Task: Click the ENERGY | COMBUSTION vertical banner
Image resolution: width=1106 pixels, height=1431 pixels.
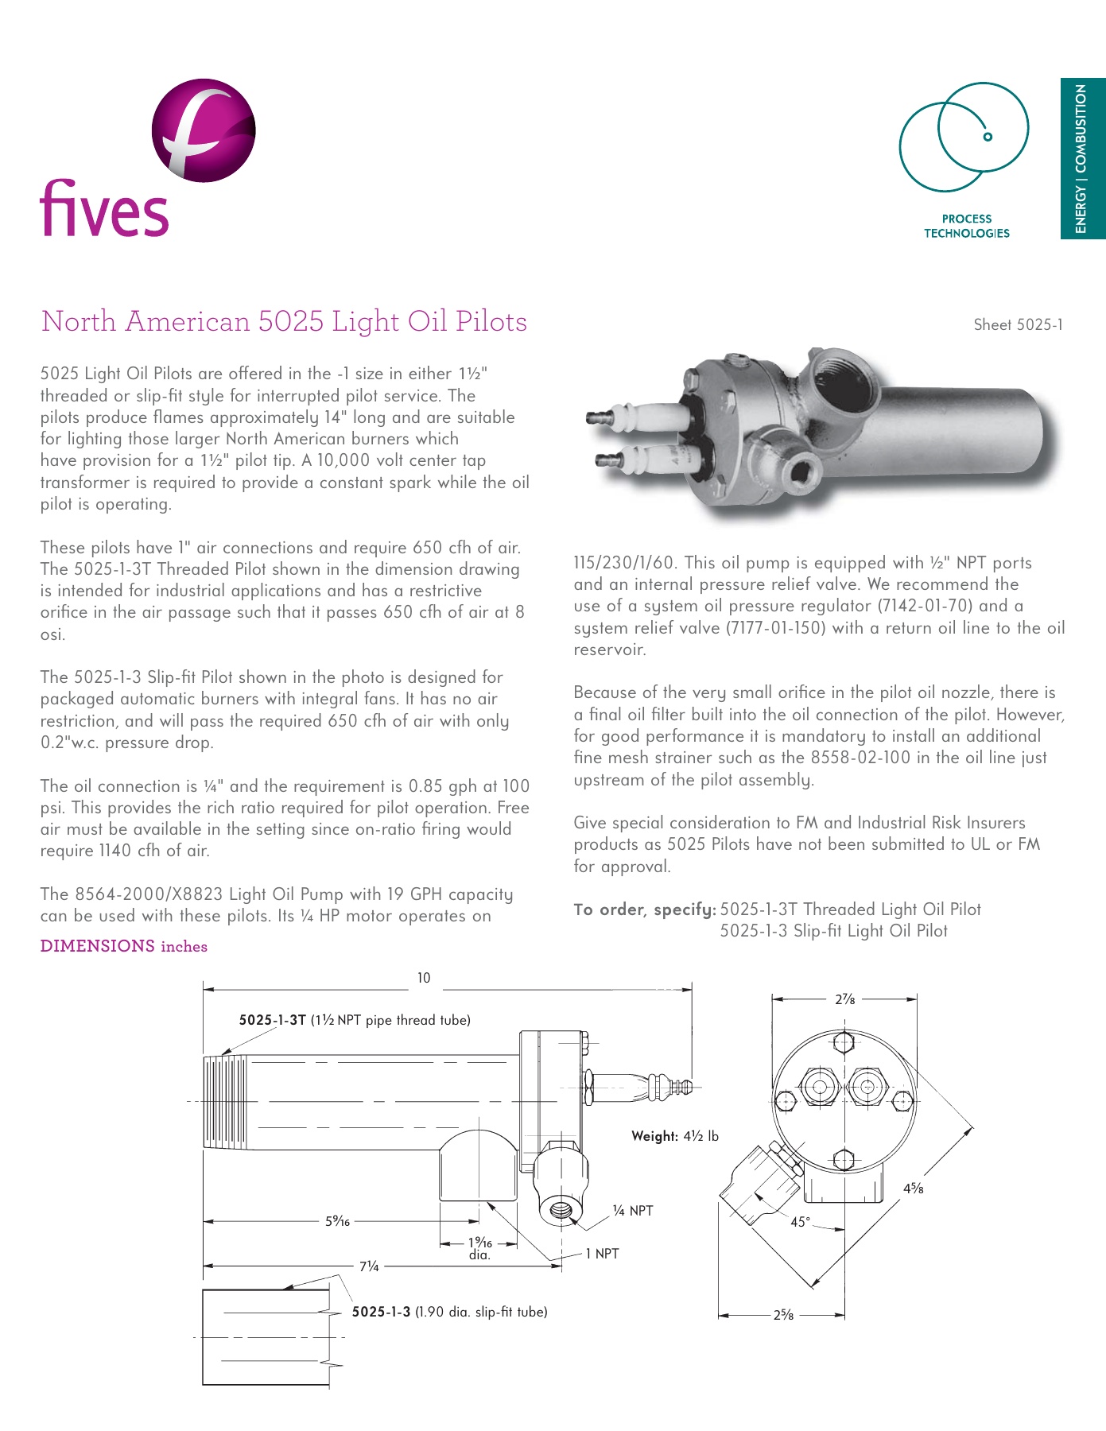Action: click(1082, 158)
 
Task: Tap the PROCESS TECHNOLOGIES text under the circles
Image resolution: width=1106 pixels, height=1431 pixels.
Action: click(966, 226)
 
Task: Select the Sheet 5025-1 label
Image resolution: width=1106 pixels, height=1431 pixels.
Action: click(1018, 324)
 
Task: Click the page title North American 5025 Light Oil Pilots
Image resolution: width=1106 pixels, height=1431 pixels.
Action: click(284, 321)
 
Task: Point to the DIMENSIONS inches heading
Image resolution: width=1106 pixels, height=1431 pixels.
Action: click(123, 946)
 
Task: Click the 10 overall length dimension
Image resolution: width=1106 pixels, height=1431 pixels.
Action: click(424, 978)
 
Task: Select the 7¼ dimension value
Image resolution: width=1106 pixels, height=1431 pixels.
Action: click(369, 1266)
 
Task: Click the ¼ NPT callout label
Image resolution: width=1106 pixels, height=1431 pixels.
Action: click(633, 1211)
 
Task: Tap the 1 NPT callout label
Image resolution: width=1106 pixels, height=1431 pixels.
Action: click(602, 1254)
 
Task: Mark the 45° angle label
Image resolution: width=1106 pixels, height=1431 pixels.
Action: click(800, 1222)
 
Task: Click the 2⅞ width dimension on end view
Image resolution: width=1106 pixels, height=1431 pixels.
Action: click(844, 999)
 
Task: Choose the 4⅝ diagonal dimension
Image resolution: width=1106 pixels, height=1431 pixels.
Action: click(913, 1189)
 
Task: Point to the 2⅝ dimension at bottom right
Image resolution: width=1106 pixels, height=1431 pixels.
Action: click(783, 1315)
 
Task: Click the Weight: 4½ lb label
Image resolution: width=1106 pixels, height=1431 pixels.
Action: click(675, 1136)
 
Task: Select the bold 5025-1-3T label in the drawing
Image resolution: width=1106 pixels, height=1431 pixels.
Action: click(272, 1020)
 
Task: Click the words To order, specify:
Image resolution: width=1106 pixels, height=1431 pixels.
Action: click(645, 909)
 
